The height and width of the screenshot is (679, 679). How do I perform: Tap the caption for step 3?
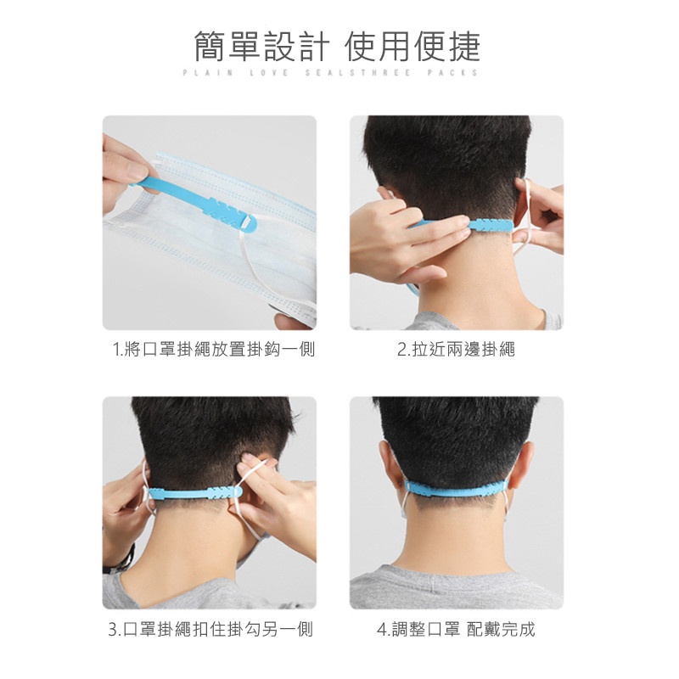(x=210, y=629)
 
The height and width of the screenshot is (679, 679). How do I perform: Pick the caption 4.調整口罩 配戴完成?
(x=456, y=629)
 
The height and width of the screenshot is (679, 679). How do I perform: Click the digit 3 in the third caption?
(x=113, y=630)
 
